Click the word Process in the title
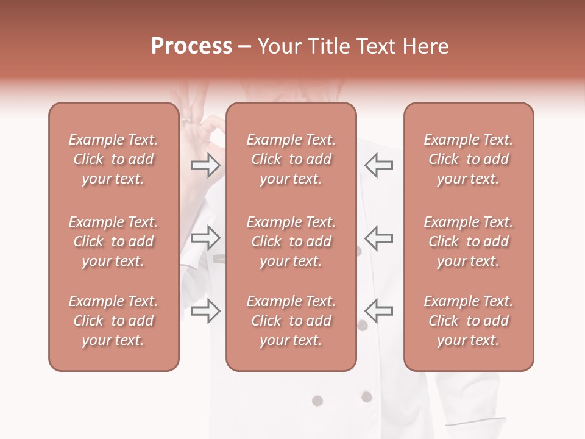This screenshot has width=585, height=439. click(x=191, y=46)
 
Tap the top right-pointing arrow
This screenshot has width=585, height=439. click(x=205, y=165)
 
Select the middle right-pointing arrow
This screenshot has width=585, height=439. click(x=205, y=238)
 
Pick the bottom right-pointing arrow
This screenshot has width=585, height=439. click(x=205, y=311)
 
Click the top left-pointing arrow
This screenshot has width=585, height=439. click(x=378, y=165)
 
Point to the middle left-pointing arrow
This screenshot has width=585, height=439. click(x=378, y=238)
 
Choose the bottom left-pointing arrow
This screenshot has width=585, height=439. click(x=378, y=311)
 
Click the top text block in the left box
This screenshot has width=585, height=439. click(x=113, y=159)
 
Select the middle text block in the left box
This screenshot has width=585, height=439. click(x=113, y=241)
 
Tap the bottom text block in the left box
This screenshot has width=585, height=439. click(x=113, y=321)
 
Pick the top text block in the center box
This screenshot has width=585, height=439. click(x=291, y=159)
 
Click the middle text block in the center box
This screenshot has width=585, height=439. click(x=291, y=241)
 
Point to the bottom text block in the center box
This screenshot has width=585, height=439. click(x=291, y=321)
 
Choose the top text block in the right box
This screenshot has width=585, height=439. click(x=469, y=159)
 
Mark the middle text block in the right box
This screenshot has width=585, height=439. click(x=469, y=241)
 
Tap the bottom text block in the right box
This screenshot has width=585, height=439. click(x=469, y=321)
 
